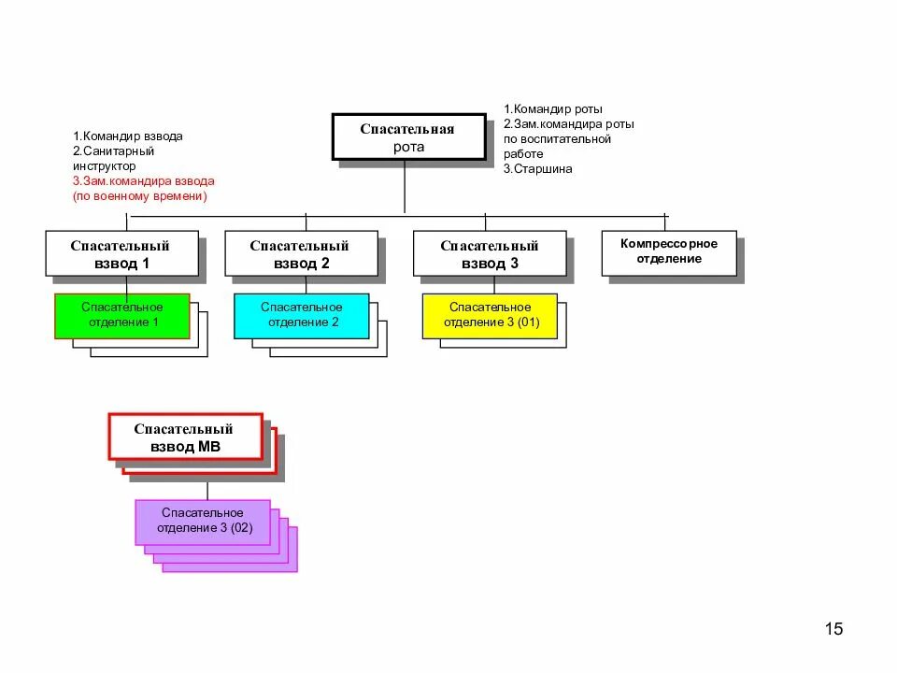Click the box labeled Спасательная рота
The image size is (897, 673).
point(409,136)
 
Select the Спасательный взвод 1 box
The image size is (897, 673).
point(121,253)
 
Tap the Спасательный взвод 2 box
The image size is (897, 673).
point(302,253)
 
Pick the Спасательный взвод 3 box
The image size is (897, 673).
point(490,253)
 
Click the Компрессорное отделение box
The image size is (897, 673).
point(669,253)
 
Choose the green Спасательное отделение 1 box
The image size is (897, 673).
point(121,316)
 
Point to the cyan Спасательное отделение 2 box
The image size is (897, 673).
point(302,316)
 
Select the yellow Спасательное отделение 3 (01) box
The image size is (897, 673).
point(490,316)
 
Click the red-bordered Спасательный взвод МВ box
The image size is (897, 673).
point(185,437)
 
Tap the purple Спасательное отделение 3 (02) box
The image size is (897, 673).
point(203,522)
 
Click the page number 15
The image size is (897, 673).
point(833,629)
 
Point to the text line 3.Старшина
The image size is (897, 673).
point(538,169)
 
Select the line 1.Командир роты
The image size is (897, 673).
point(552,108)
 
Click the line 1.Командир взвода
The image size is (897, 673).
point(128,136)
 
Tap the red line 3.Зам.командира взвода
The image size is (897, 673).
point(144,180)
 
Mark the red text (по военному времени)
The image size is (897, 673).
point(139,195)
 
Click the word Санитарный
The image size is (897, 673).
point(119,151)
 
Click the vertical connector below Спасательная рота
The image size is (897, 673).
point(405,187)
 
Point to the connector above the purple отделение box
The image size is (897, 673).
point(207,491)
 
